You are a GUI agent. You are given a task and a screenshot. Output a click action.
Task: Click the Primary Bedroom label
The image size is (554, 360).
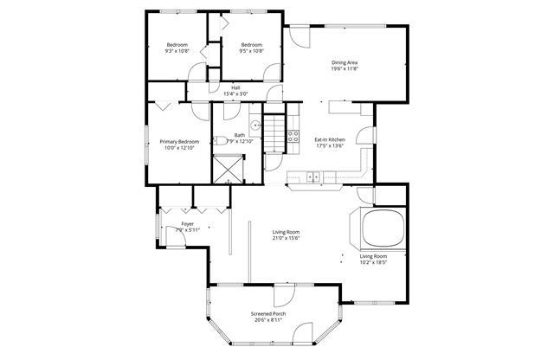coord(179,141)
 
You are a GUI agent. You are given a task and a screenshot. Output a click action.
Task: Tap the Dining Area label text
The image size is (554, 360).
coord(345,61)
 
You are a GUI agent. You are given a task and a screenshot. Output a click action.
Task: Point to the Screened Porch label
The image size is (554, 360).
coord(268,312)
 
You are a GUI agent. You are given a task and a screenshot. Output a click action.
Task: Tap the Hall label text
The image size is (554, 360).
coord(235,87)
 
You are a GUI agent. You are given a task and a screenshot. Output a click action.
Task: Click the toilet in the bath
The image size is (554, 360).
coord(222,140)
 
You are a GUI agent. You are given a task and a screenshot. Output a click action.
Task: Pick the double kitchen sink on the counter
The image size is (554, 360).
coord(313,177)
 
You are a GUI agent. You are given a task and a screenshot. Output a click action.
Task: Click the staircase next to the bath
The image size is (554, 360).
coord(274,135)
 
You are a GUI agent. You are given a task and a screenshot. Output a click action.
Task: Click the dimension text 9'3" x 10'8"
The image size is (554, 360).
coord(177,51)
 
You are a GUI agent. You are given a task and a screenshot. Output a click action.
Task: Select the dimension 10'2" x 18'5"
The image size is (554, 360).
coord(373,264)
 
